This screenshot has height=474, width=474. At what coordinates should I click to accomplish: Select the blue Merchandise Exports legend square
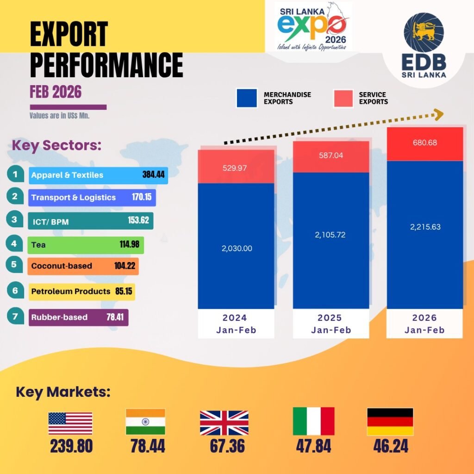(x=246, y=98)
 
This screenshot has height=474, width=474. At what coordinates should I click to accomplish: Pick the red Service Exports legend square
(x=343, y=98)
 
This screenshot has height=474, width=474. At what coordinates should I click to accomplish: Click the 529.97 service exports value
(x=236, y=168)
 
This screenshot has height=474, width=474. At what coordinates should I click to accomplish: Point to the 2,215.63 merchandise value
(x=425, y=227)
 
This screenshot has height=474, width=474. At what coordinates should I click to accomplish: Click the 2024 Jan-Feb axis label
(x=236, y=324)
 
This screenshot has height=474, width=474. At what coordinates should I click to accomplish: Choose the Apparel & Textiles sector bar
(x=97, y=175)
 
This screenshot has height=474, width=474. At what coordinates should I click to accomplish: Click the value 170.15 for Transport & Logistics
(x=142, y=197)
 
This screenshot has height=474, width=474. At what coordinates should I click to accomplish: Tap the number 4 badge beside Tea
(x=15, y=243)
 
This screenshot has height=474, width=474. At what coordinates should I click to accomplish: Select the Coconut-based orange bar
(x=82, y=266)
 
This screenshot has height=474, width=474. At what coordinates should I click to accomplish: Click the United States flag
(x=70, y=423)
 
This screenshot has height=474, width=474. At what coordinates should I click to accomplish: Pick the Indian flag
(x=145, y=422)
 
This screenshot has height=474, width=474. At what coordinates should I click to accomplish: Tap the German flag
(x=390, y=422)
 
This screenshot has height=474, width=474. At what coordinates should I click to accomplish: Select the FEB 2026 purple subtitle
(x=56, y=92)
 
